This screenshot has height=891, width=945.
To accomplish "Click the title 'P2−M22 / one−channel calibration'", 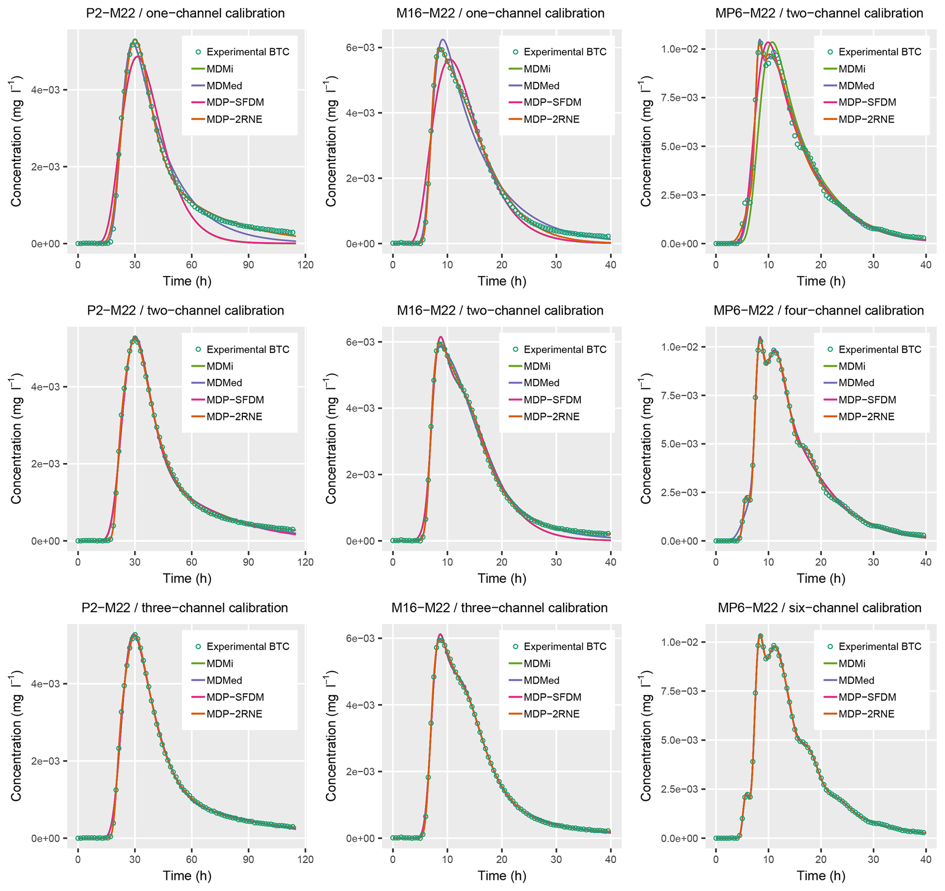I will (x=185, y=13).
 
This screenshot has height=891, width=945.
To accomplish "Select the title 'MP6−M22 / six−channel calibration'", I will (x=820, y=608).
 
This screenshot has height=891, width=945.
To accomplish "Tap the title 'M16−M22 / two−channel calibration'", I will (x=500, y=311).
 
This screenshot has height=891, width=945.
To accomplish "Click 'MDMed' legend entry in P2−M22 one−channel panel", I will (x=224, y=85).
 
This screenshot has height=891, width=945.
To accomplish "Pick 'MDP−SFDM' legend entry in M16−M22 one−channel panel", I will (x=552, y=102).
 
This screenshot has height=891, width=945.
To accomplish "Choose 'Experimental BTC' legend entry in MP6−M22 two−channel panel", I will (x=880, y=52).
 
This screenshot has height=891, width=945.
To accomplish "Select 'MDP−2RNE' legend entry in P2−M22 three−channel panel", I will (x=234, y=714).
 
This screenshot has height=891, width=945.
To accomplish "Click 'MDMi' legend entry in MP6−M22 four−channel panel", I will (x=851, y=366).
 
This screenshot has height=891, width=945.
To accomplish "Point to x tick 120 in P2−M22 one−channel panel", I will (x=305, y=265).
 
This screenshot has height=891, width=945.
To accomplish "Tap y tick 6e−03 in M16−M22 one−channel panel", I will (x=360, y=48).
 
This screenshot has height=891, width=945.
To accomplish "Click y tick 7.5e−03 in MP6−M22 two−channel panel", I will (x=679, y=98).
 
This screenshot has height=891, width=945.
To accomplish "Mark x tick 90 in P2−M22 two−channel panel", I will (x=248, y=562).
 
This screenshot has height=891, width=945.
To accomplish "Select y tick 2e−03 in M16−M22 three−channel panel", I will (x=360, y=772).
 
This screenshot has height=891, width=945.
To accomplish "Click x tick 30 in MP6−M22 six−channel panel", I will (x=873, y=859).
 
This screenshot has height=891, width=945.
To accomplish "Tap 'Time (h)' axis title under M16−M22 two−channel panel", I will (x=502, y=578).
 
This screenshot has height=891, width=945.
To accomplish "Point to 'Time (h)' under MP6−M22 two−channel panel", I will (x=821, y=281).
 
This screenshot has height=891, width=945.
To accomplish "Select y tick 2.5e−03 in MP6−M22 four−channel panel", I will (x=679, y=492).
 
